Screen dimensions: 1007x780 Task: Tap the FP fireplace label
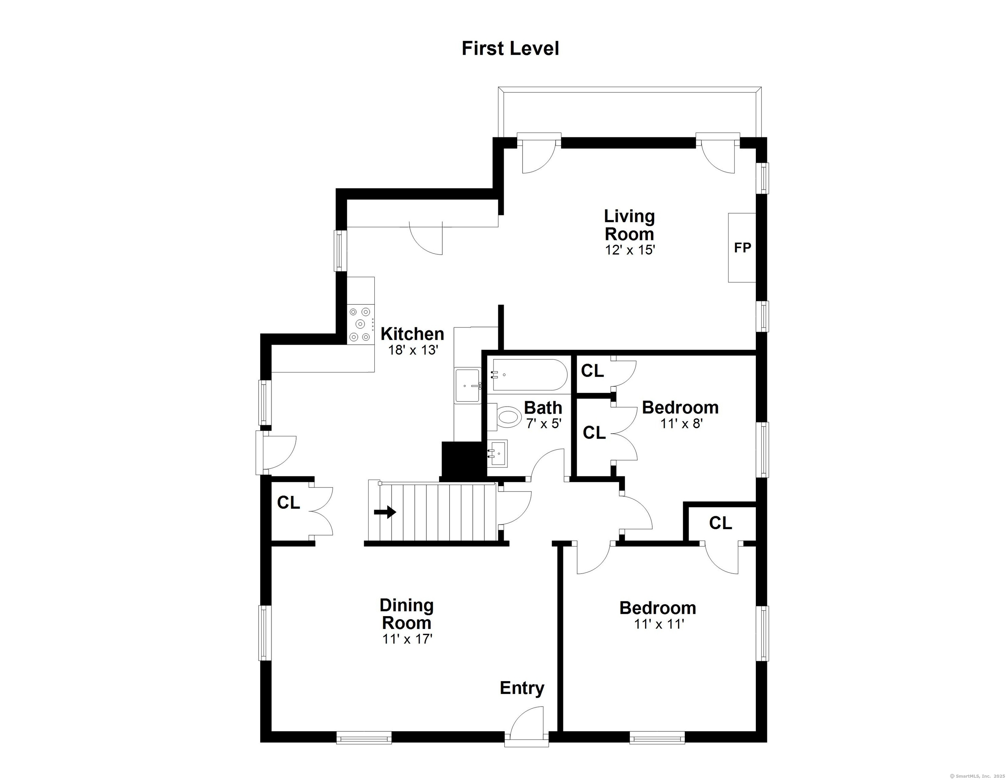point(742,248)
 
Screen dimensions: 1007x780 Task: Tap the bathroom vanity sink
point(498,453)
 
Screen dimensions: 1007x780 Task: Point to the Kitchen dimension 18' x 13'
point(412,350)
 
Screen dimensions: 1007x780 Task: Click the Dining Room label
point(407,614)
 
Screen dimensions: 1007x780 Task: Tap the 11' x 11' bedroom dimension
point(658,624)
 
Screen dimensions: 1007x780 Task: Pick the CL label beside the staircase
point(289,502)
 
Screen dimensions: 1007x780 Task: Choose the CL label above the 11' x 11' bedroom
point(721,523)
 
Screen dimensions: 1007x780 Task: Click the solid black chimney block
point(463,461)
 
